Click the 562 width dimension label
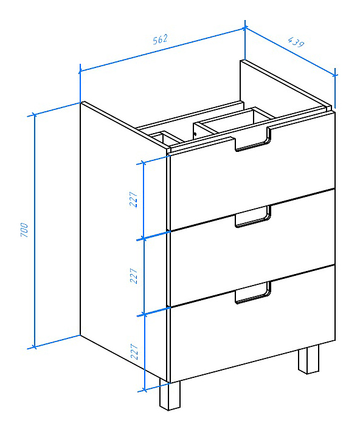[160, 39]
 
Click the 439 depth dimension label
[296, 42]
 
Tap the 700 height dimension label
[24, 230]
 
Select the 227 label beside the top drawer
[133, 199]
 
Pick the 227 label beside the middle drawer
[134, 275]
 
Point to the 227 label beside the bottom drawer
[134, 351]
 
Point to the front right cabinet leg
[308, 359]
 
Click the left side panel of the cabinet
[123, 239]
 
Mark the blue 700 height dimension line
[35, 231]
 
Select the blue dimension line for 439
[290, 51]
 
